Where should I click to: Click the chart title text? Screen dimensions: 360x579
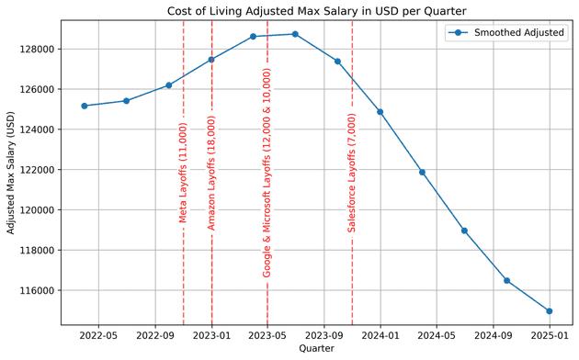pyautogui.click(x=316, y=10)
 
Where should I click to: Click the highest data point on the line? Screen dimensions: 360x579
pyautogui.click(x=295, y=34)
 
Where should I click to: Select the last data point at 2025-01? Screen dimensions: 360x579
pyautogui.click(x=550, y=311)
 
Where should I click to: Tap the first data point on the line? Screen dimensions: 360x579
pyautogui.click(x=85, y=106)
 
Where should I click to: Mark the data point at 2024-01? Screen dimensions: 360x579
pyautogui.click(x=380, y=112)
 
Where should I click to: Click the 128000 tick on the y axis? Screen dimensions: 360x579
pyautogui.click(x=39, y=49)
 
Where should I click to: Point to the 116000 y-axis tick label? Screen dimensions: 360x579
pyautogui.click(x=39, y=290)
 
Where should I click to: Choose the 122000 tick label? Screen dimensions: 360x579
pyautogui.click(x=39, y=170)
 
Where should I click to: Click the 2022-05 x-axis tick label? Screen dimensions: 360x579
pyautogui.click(x=98, y=335)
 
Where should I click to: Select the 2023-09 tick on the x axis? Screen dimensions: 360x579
pyautogui.click(x=324, y=335)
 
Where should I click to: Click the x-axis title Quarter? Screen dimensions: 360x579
pyautogui.click(x=316, y=349)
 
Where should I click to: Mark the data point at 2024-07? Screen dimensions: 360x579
pyautogui.click(x=464, y=231)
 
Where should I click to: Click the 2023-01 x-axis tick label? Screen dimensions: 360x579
pyautogui.click(x=211, y=335)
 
